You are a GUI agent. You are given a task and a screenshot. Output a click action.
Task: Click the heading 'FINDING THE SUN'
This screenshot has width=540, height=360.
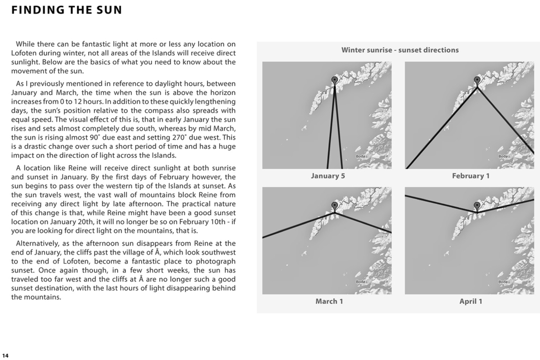(67, 10)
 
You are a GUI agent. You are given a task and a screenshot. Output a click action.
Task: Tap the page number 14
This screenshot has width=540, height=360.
(5, 356)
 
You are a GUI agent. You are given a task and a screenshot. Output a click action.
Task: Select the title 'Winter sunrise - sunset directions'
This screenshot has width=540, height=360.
(400, 50)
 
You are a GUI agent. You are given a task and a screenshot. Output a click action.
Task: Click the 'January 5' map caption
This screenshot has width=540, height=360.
(328, 176)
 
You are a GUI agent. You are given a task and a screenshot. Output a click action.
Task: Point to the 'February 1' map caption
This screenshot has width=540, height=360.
(471, 176)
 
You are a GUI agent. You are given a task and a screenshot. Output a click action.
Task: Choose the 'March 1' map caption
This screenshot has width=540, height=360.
(329, 301)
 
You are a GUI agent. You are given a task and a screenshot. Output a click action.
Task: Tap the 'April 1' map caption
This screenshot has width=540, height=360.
(471, 301)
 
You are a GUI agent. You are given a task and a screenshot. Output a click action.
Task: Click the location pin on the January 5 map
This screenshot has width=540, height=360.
(334, 80)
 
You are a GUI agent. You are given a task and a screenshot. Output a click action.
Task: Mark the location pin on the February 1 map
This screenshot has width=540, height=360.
(477, 80)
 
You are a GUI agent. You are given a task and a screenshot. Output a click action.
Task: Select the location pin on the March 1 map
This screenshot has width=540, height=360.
(334, 205)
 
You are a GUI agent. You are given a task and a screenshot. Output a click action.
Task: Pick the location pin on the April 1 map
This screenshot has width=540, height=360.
(477, 205)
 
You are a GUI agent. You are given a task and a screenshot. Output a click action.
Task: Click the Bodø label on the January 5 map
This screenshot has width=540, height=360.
(361, 156)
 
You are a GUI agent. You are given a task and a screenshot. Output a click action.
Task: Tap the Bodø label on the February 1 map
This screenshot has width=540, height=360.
(503, 156)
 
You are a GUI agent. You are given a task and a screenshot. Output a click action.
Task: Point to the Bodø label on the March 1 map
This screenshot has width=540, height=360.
(361, 282)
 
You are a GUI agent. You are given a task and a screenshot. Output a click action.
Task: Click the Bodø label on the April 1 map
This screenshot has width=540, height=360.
(503, 282)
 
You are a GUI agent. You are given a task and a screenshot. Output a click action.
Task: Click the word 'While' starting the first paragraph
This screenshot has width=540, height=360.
(26, 45)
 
